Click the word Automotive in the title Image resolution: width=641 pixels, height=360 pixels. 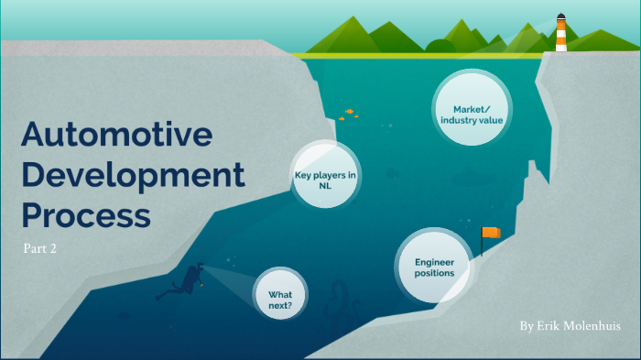coord(116,136)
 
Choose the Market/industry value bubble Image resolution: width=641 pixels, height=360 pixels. coord(471,114)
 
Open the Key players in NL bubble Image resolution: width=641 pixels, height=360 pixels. coord(324,179)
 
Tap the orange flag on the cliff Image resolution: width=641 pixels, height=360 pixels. coord(492,234)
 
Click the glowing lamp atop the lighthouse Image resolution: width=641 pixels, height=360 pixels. coord(560,18)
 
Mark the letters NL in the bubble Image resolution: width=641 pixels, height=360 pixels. coord(325,185)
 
